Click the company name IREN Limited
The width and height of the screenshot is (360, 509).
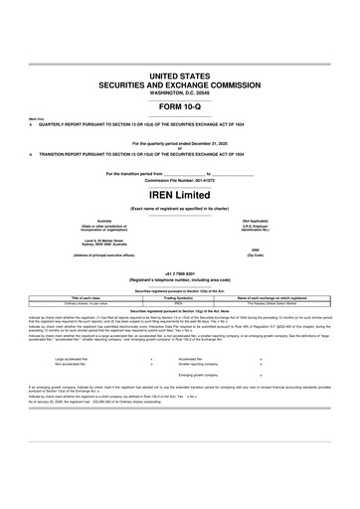point(179,194)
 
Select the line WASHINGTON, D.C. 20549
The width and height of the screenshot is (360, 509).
point(179,93)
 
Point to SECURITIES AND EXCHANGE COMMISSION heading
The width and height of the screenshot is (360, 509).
point(179,85)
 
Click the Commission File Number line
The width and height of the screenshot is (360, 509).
point(179,180)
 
